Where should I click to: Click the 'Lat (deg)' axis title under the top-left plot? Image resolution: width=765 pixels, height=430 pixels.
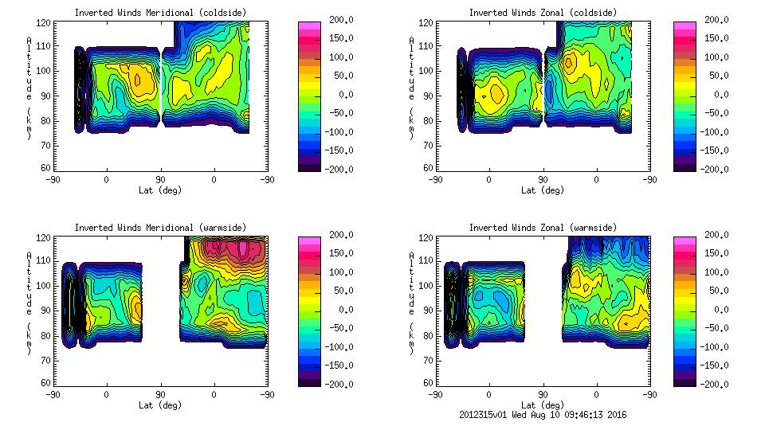click(x=160, y=190)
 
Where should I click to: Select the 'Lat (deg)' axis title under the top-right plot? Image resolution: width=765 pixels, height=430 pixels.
click(x=543, y=190)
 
